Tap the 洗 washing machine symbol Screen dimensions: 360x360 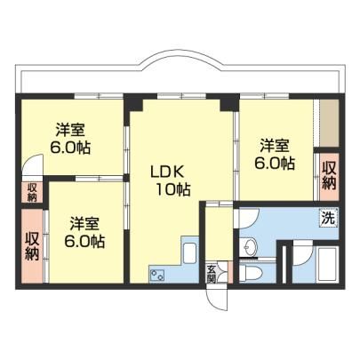pyautogui.click(x=329, y=218)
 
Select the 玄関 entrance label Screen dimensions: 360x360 pyautogui.click(x=211, y=274)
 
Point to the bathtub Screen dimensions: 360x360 pyautogui.click(x=327, y=265)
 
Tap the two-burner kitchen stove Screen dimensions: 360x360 pyautogui.click(x=157, y=275)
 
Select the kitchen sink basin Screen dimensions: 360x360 pyautogui.click(x=190, y=252)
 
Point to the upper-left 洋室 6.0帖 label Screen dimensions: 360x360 pyautogui.click(x=70, y=139)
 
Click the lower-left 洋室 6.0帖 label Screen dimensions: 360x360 pyautogui.click(x=84, y=232)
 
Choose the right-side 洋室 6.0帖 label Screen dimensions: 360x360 pyautogui.click(x=275, y=154)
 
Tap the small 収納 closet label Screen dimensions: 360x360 pyautogui.click(x=32, y=193)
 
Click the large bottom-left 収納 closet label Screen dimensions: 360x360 pyautogui.click(x=32, y=245)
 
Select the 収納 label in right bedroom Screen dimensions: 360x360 pyautogui.click(x=329, y=176)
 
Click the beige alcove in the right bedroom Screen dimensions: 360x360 pyautogui.click(x=329, y=123)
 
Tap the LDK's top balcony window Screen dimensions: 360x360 pyautogui.click(x=181, y=96)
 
